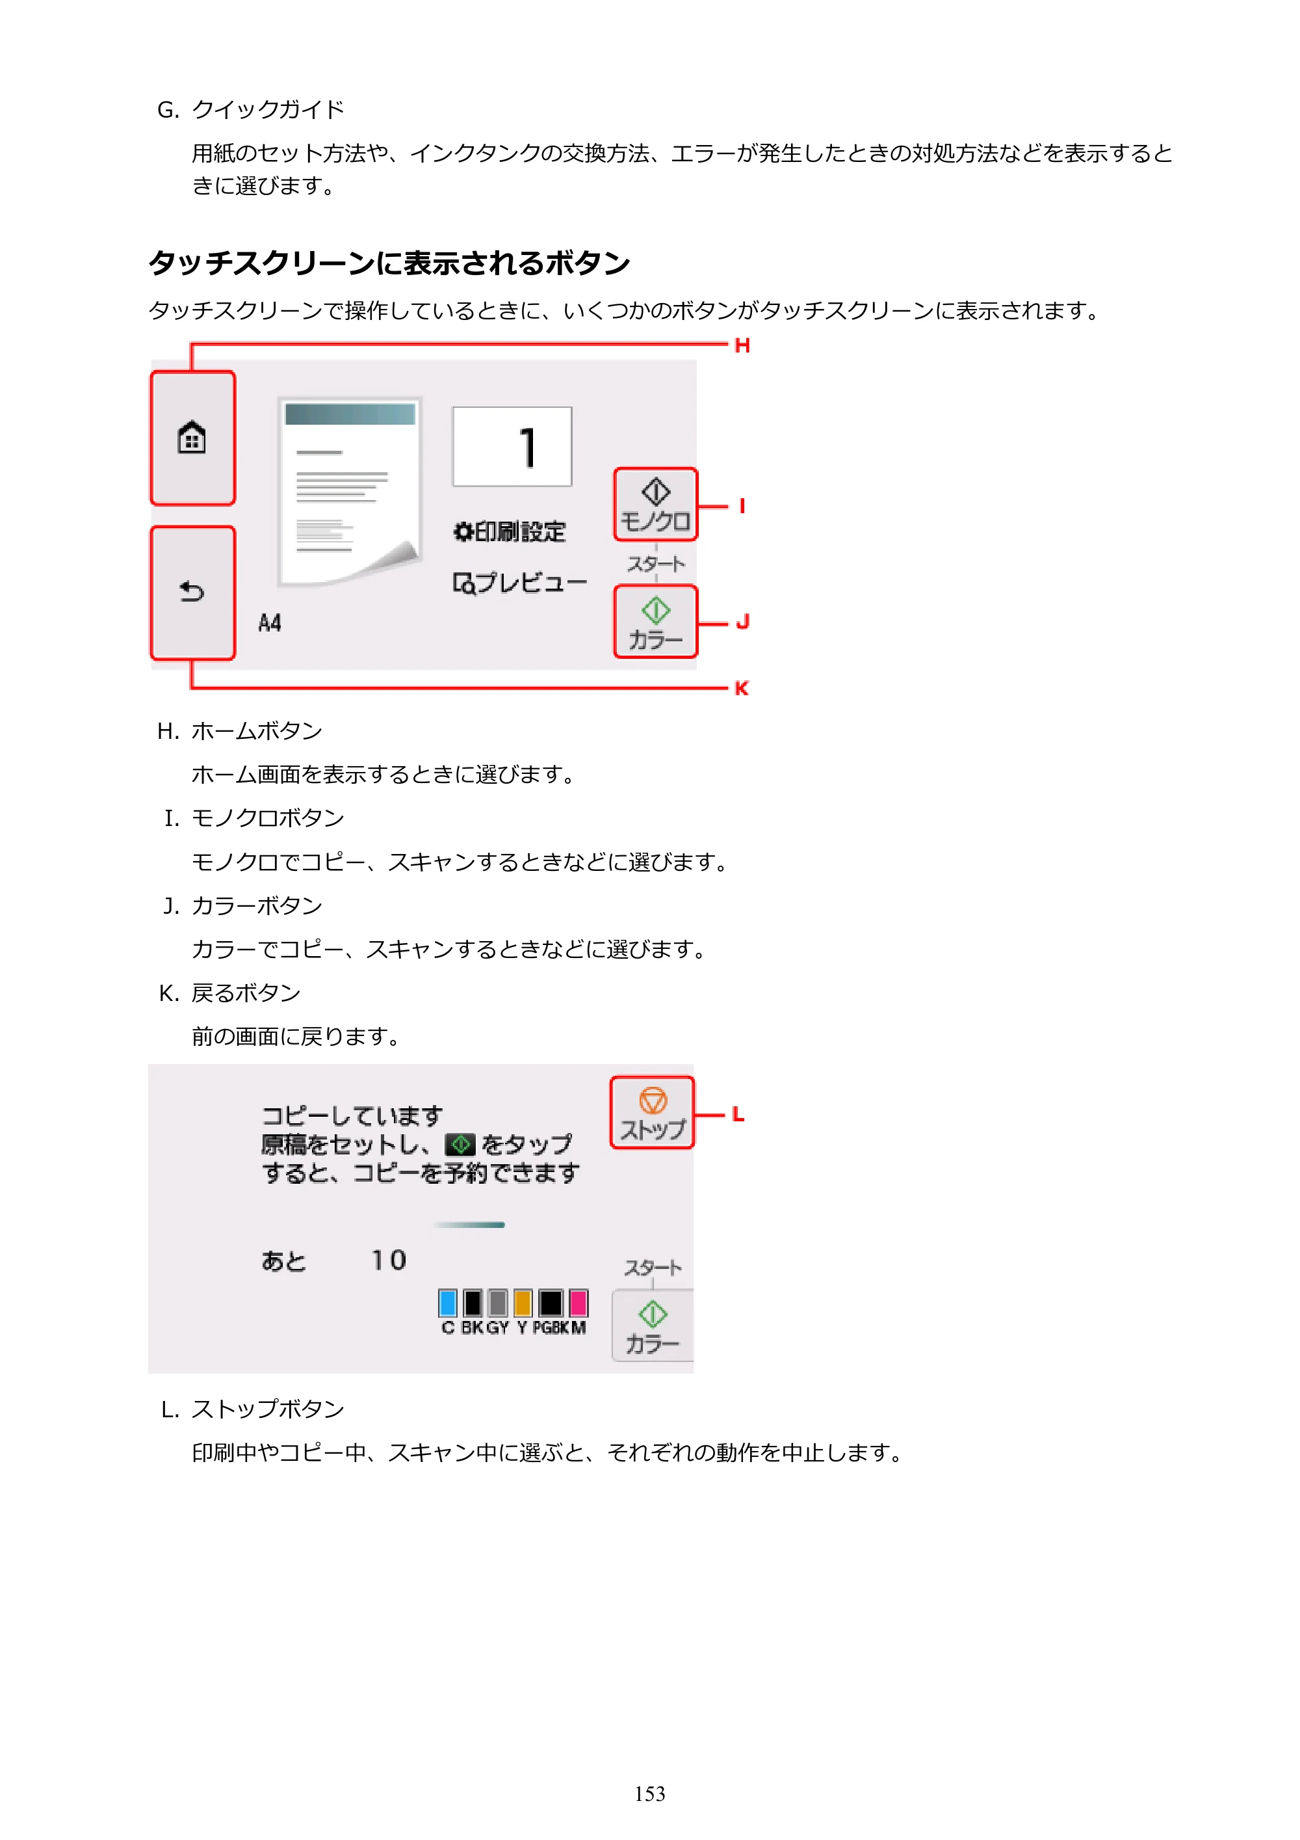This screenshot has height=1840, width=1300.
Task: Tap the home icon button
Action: pos(192,438)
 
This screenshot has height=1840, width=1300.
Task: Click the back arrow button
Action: pos(192,593)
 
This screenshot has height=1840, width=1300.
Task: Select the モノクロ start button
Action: pos(655,504)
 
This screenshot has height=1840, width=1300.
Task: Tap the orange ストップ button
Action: pos(652,1112)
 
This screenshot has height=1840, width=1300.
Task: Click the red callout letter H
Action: pos(742,345)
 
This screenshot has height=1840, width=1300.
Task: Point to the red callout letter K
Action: pos(742,688)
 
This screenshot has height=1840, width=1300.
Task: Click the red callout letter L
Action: pos(738,1114)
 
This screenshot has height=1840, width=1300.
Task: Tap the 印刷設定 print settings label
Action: pos(510,531)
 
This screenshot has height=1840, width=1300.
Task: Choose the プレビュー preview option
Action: pos(520,583)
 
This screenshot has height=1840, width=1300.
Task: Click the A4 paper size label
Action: pos(270,622)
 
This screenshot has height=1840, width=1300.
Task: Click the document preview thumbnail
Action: pos(350,492)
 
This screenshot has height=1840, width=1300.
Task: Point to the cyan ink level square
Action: pos(448,1302)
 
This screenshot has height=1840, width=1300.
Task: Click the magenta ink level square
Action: pos(578,1302)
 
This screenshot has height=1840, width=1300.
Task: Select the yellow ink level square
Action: pos(523,1302)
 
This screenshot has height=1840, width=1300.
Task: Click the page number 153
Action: pos(649,1794)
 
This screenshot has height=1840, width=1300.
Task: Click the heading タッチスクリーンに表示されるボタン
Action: pos(389,263)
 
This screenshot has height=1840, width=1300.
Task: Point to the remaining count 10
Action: pos(389,1260)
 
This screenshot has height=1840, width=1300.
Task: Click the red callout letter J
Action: pos(742,622)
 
